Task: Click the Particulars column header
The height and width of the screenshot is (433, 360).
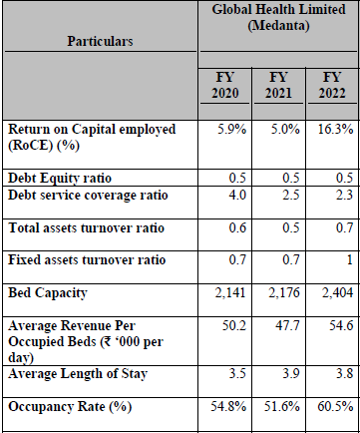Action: click(100, 41)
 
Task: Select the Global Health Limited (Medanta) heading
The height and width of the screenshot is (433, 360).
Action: click(278, 17)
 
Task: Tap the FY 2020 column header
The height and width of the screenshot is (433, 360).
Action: click(225, 85)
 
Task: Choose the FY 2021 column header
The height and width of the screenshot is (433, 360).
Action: click(278, 85)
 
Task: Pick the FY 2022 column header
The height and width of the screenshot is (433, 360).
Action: click(332, 85)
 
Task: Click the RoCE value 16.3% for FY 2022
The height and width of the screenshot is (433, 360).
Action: click(335, 129)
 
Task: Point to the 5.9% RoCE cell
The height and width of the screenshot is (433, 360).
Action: click(232, 129)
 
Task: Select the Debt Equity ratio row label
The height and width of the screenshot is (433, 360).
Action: click(60, 179)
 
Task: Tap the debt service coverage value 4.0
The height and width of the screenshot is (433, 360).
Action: click(237, 195)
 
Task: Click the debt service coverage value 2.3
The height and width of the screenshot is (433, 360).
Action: click(344, 195)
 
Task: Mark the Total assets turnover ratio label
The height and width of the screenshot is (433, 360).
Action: click(86, 228)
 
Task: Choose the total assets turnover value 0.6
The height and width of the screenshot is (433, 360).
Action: click(237, 227)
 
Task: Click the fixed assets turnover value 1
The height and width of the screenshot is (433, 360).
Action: click(349, 259)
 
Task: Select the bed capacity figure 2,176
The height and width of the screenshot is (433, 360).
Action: click(284, 292)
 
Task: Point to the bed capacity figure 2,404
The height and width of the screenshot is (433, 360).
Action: click(337, 292)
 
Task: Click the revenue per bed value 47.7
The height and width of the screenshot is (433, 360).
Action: click(287, 325)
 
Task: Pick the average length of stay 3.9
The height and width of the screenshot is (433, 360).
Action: click(291, 373)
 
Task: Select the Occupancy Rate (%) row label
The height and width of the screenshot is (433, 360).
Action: click(70, 407)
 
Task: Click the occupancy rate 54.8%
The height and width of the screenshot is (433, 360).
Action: click(228, 406)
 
